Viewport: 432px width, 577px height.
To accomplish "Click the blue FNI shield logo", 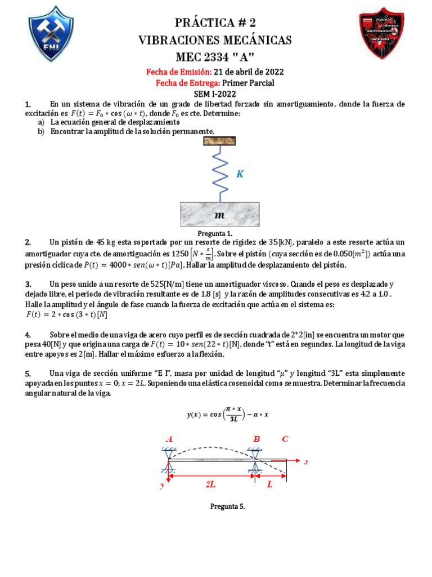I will tap(51, 34).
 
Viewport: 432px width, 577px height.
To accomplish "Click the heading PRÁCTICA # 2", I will tap(215, 23).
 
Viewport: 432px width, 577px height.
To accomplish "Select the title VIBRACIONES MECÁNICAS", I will tap(215, 40).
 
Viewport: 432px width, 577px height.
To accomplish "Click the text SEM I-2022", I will tap(215, 94).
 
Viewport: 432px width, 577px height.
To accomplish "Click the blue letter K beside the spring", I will tap(240, 175).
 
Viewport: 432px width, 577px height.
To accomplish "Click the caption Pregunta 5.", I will tap(227, 507).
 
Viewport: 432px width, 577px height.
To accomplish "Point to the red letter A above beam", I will tap(169, 439).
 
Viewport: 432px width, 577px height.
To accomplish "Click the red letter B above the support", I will tap(256, 439).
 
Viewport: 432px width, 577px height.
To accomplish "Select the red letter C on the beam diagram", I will tap(285, 439).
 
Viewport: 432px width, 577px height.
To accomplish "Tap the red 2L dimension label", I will tap(210, 484).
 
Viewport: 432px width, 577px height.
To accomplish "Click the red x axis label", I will tap(307, 462).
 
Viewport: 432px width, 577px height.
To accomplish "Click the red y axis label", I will tap(162, 484).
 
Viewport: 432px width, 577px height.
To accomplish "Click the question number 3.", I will tap(28, 284).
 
